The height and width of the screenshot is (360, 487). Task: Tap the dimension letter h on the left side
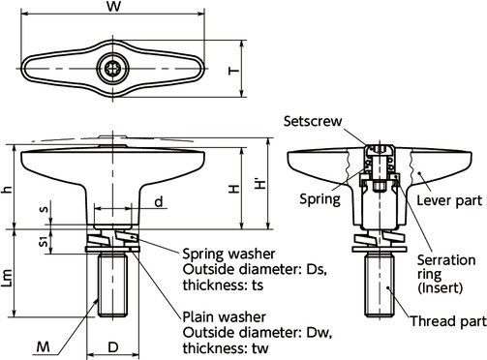tap(8, 190)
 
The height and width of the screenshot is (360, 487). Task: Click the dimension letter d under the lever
tap(158, 202)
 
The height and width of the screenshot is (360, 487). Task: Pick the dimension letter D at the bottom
tap(113, 345)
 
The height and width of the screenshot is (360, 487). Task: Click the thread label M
tap(42, 345)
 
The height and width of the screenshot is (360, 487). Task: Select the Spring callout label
tap(321, 200)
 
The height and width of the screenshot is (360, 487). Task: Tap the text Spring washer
tap(228, 254)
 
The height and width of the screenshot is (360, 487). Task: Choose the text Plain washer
tap(224, 317)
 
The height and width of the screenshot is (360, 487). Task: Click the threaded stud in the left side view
tap(113, 286)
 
